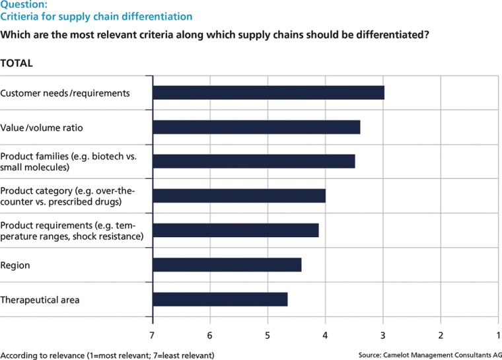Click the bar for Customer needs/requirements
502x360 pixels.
(268, 92)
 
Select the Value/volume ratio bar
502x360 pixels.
(256, 127)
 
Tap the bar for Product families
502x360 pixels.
(254, 161)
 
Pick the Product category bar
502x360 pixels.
(239, 196)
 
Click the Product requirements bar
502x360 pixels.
(236, 230)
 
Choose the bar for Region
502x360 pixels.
(227, 265)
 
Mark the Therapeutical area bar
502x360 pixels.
(220, 299)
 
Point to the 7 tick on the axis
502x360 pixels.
(153, 335)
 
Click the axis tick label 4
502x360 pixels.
(326, 335)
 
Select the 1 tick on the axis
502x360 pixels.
(498, 335)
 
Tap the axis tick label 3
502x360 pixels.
(383, 335)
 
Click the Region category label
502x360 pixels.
(15, 266)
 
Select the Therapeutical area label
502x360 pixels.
(40, 300)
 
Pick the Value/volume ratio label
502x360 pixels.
(41, 127)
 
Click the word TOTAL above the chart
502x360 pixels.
(17, 63)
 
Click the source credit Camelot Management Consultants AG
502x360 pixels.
(430, 355)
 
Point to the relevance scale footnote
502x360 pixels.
(107, 355)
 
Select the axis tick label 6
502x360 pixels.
(210, 335)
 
